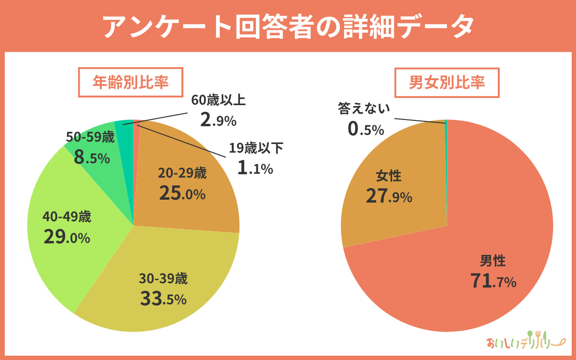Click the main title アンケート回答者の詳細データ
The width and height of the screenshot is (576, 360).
point(288,27)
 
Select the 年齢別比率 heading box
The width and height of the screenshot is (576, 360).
point(130,83)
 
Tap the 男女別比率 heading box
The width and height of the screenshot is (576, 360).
point(447,83)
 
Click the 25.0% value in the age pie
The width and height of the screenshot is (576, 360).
point(182,193)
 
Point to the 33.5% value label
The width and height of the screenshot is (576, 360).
point(163,299)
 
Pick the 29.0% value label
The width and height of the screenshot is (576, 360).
point(67,237)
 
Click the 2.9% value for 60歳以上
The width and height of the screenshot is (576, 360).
point(218,120)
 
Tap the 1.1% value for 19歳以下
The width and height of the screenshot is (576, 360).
point(255,168)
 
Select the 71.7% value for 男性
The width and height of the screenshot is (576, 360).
point(493,282)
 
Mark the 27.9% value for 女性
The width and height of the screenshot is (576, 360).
point(389,196)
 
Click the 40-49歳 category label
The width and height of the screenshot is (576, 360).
point(67,217)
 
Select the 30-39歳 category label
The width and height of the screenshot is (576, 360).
point(163,278)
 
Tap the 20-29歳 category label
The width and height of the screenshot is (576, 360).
point(182,173)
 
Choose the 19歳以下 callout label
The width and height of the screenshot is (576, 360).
point(256,148)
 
